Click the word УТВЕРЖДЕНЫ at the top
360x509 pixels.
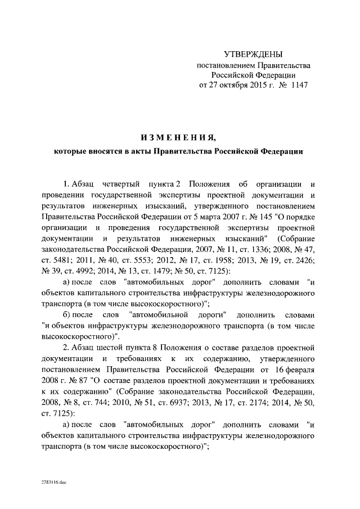click(x=253, y=55)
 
